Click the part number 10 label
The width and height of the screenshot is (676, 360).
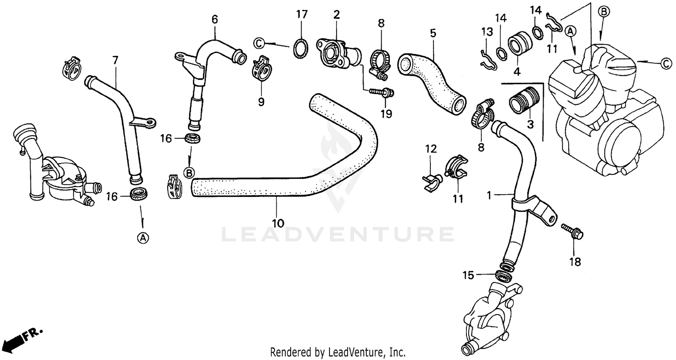[278, 223]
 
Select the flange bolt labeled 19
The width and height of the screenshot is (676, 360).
[381, 92]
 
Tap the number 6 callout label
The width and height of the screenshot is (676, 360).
[215, 19]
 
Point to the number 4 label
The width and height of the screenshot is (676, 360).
[516, 72]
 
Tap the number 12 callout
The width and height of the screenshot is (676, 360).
[431, 148]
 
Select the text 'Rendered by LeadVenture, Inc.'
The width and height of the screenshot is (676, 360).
[338, 351]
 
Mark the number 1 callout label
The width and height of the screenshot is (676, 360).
[490, 195]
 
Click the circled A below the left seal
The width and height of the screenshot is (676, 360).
[142, 238]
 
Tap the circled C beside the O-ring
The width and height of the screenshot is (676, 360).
[259, 43]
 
